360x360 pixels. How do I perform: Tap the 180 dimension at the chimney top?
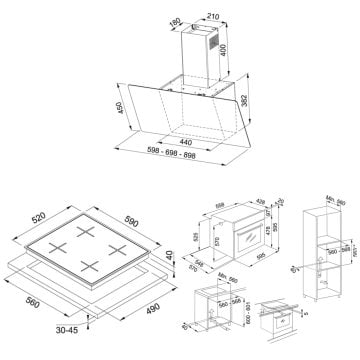click(x=176, y=21)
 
